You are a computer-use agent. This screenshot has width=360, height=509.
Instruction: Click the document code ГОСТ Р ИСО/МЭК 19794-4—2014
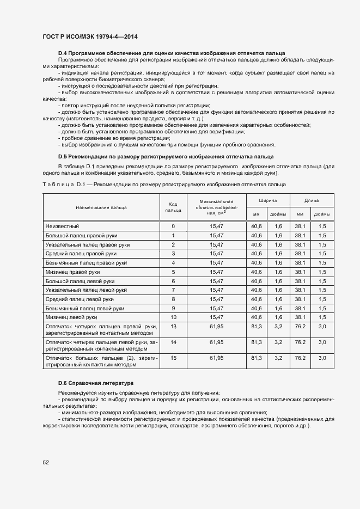[90, 36]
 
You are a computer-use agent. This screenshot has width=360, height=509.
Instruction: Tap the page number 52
[46, 462]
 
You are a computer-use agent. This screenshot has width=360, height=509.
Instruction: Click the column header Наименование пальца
[101, 207]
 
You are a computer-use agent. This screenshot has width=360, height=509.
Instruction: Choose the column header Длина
[311, 200]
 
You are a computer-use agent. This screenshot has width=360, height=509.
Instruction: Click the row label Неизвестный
[63, 226]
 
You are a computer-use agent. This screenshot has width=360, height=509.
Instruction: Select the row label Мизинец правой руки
[73, 272]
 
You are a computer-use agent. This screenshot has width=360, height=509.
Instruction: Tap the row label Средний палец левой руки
[80, 299]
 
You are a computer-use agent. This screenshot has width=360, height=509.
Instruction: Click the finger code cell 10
[173, 317]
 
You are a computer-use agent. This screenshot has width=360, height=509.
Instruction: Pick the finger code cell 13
[173, 327]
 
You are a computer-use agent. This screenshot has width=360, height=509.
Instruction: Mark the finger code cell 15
[173, 358]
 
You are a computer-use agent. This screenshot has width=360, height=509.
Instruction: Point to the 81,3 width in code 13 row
[256, 327]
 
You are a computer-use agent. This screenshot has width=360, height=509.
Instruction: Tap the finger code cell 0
[173, 226]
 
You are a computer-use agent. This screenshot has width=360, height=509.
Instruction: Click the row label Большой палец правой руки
[81, 235]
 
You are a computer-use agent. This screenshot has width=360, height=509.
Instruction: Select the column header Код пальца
[173, 207]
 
